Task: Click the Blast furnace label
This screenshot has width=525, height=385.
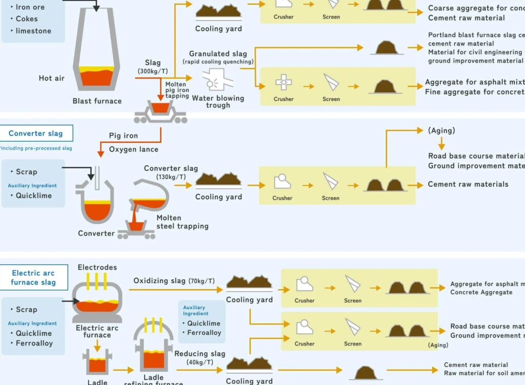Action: tap(97, 101)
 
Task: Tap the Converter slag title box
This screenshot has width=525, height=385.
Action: tap(36, 133)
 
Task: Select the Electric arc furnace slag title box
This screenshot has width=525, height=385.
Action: tap(33, 278)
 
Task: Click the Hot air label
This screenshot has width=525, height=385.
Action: tap(52, 79)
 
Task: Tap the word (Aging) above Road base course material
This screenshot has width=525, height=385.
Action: tap(441, 130)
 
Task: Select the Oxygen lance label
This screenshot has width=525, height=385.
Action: tap(134, 149)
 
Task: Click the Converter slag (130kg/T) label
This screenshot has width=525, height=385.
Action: tap(171, 172)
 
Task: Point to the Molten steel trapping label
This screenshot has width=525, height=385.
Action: tap(183, 222)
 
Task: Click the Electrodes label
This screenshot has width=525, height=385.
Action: tap(97, 267)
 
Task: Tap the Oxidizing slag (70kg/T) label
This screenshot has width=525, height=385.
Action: tap(174, 281)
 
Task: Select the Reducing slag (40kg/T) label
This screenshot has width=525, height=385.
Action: tap(199, 358)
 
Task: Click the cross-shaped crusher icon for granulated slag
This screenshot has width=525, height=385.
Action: tap(284, 82)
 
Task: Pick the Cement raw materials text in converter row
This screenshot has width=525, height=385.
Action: tap(468, 184)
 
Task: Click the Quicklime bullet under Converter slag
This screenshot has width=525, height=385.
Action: tap(33, 196)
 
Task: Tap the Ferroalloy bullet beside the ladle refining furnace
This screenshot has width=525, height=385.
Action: tap(204, 333)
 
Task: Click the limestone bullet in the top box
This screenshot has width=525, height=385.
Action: tap(33, 31)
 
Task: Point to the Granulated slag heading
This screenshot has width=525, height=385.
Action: tap(218, 54)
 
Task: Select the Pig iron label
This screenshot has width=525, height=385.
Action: tap(124, 136)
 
